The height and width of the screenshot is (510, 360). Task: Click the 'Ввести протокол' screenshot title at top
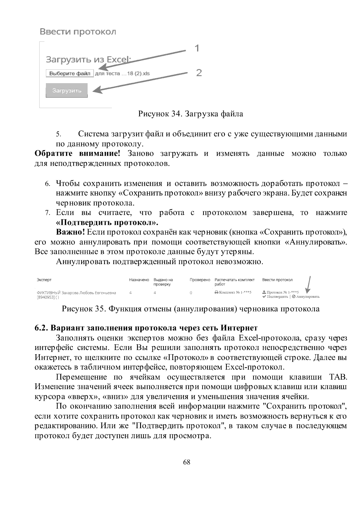tap(78, 32)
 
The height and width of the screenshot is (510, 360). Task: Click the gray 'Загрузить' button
tap(67, 91)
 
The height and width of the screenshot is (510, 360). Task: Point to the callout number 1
tap(197, 48)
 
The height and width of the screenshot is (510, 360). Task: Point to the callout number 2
tap(199, 73)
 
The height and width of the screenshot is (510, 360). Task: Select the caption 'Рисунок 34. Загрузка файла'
tap(190, 114)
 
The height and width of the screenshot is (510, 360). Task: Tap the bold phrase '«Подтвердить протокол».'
tap(107, 223)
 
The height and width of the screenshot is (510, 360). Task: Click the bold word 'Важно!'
tap(70, 233)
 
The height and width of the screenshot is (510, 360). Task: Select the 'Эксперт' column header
tap(44, 280)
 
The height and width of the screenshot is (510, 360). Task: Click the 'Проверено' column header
tap(200, 280)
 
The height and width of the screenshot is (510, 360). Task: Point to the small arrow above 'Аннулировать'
tap(309, 284)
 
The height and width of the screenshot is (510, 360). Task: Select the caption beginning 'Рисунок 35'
tap(190, 309)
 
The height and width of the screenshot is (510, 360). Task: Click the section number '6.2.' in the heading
tap(41, 327)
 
